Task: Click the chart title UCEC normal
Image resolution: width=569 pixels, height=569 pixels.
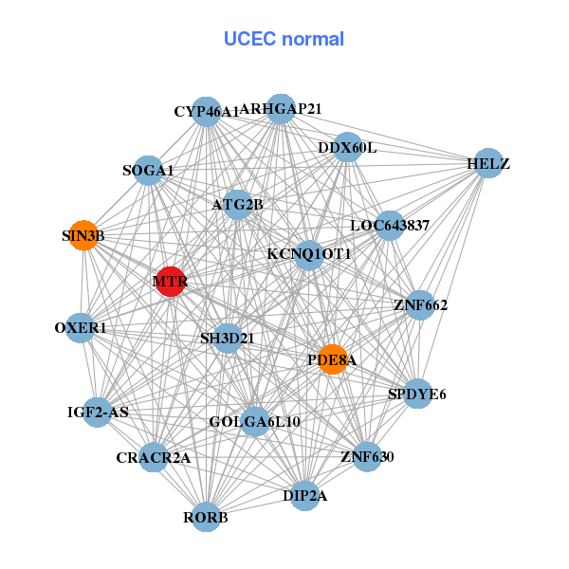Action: [284, 39]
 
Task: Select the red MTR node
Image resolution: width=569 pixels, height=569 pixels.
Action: [170, 282]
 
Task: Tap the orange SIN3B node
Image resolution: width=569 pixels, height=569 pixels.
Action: [84, 236]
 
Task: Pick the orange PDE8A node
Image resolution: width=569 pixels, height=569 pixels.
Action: [332, 359]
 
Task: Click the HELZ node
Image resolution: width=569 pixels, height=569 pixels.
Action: [487, 163]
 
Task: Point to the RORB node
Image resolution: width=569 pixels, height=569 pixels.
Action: [206, 517]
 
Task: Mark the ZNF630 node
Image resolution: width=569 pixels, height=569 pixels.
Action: [366, 457]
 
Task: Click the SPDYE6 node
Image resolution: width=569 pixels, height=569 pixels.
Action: [417, 394]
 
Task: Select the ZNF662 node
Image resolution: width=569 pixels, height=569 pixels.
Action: [420, 305]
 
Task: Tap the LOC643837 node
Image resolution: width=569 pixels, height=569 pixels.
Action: [390, 226]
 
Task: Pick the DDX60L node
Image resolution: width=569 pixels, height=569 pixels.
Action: [347, 148]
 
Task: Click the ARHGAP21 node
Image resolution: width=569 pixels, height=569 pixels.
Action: [281, 109]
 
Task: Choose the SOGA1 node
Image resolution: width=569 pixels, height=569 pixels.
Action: [148, 171]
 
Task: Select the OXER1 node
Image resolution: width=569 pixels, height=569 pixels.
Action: [81, 328]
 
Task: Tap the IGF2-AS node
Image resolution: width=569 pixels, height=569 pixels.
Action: [98, 412]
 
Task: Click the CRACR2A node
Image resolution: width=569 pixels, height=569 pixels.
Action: [154, 458]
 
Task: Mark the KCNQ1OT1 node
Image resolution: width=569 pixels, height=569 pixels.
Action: [309, 254]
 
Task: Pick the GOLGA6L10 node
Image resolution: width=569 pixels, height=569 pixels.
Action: [254, 421]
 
